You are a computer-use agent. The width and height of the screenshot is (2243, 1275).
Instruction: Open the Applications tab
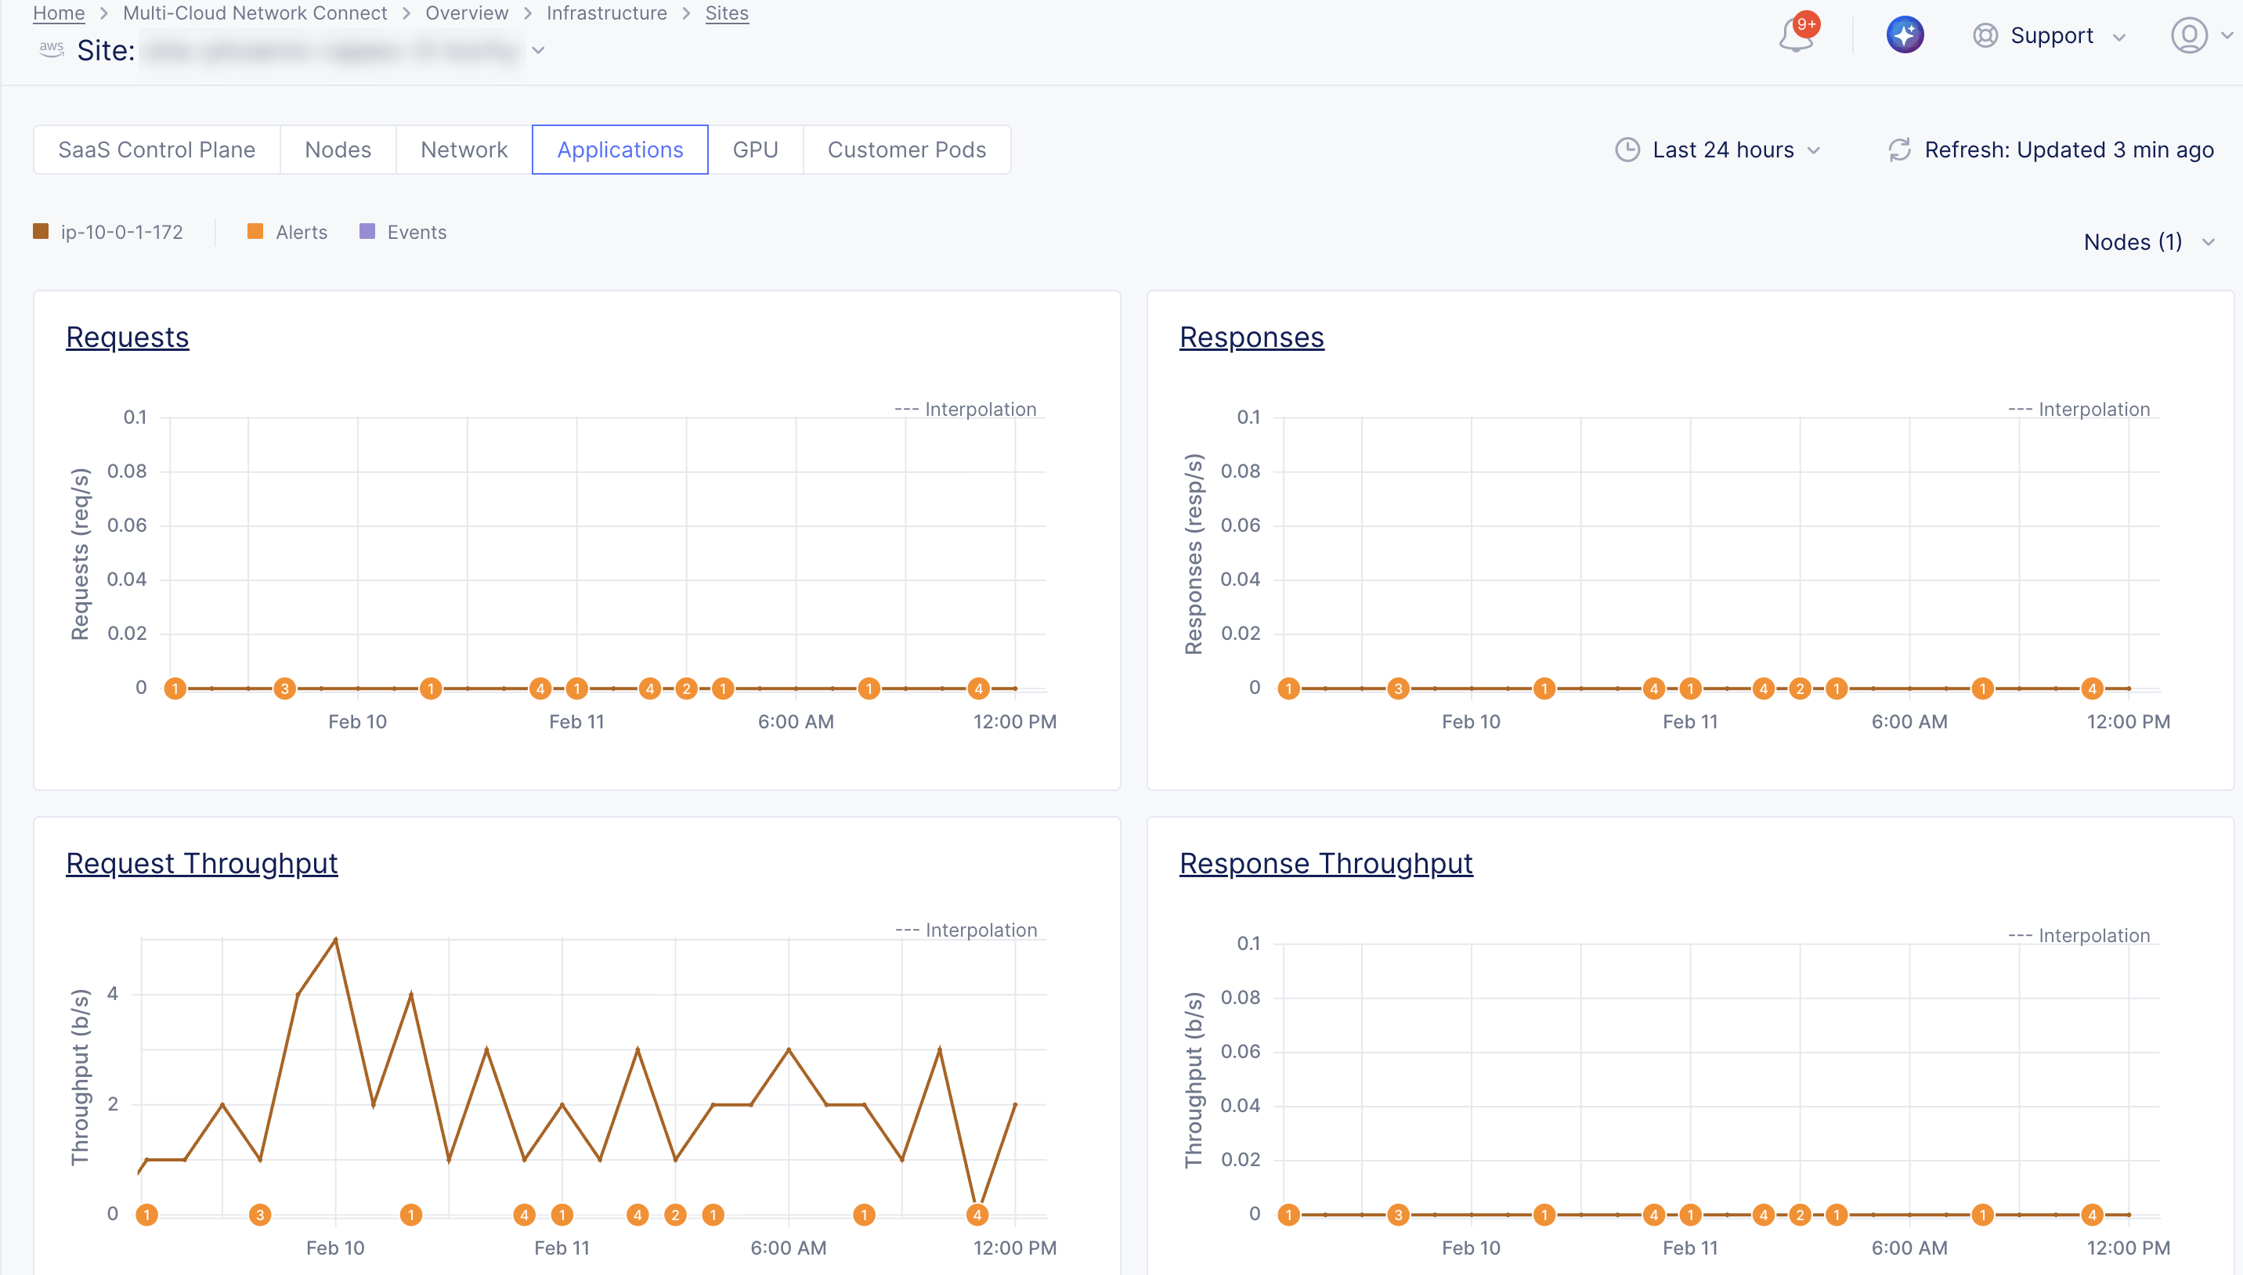(x=619, y=150)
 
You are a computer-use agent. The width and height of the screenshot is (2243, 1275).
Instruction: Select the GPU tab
(x=755, y=150)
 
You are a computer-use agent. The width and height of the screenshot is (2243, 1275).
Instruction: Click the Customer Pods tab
(x=906, y=150)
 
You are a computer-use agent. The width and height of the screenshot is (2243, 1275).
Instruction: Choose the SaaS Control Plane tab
(x=157, y=150)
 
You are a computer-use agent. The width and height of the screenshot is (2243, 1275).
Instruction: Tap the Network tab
(x=464, y=150)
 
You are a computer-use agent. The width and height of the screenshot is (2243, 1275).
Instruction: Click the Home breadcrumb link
(x=59, y=13)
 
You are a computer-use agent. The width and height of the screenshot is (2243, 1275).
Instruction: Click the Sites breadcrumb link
(x=727, y=13)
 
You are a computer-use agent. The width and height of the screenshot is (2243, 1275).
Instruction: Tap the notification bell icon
(x=1796, y=36)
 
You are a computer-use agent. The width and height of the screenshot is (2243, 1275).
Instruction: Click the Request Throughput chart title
(x=201, y=863)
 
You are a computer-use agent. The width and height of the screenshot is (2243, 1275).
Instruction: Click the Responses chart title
(x=1251, y=337)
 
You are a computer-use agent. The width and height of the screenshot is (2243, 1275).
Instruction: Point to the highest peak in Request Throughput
(x=335, y=940)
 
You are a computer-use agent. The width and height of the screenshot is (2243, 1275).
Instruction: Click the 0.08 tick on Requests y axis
(x=127, y=471)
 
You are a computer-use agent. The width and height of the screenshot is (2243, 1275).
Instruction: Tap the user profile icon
(x=2189, y=36)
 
